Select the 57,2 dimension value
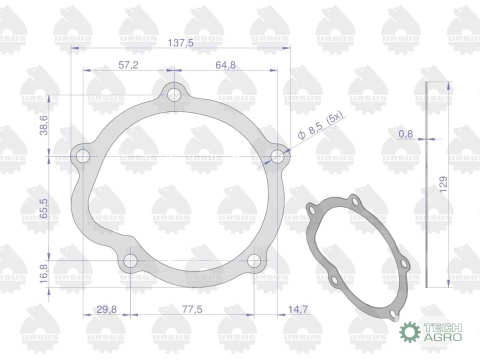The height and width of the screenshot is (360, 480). (128, 65)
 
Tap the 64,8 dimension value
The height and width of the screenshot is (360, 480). (226, 65)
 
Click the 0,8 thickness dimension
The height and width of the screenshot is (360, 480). (405, 133)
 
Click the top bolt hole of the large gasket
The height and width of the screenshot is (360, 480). (175, 97)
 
